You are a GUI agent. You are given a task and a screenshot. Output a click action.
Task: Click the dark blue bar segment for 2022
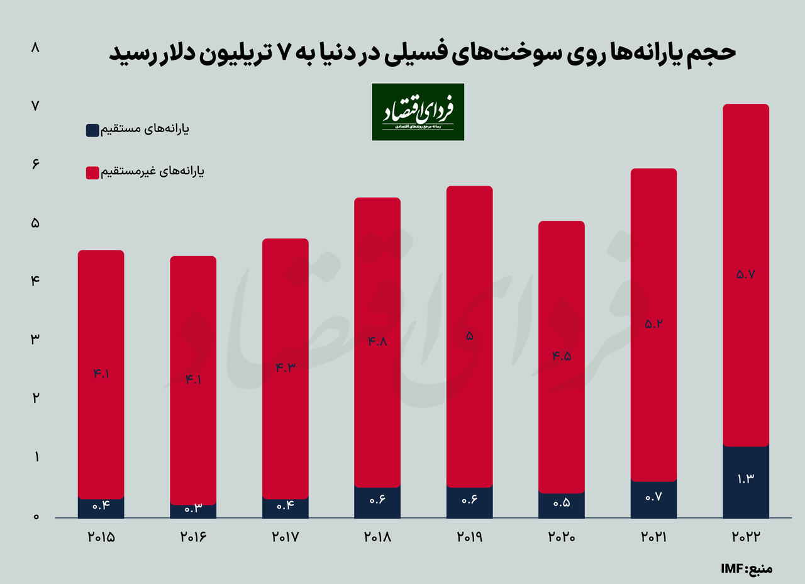point(746,482)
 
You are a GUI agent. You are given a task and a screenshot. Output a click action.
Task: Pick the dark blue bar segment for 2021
point(653,500)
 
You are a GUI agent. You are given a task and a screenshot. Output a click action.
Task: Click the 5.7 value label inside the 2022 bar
point(746,274)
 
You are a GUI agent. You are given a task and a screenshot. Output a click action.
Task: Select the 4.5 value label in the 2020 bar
point(562,356)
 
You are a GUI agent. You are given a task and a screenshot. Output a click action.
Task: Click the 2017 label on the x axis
point(285,539)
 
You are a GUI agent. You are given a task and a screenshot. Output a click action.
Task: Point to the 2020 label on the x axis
point(561,539)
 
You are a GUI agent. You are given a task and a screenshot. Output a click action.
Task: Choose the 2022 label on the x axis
point(746,539)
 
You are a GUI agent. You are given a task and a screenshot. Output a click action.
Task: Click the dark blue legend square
point(92,130)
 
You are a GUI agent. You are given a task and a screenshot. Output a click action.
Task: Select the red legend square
point(92,172)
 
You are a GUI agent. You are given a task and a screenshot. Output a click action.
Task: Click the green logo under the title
point(418,112)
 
